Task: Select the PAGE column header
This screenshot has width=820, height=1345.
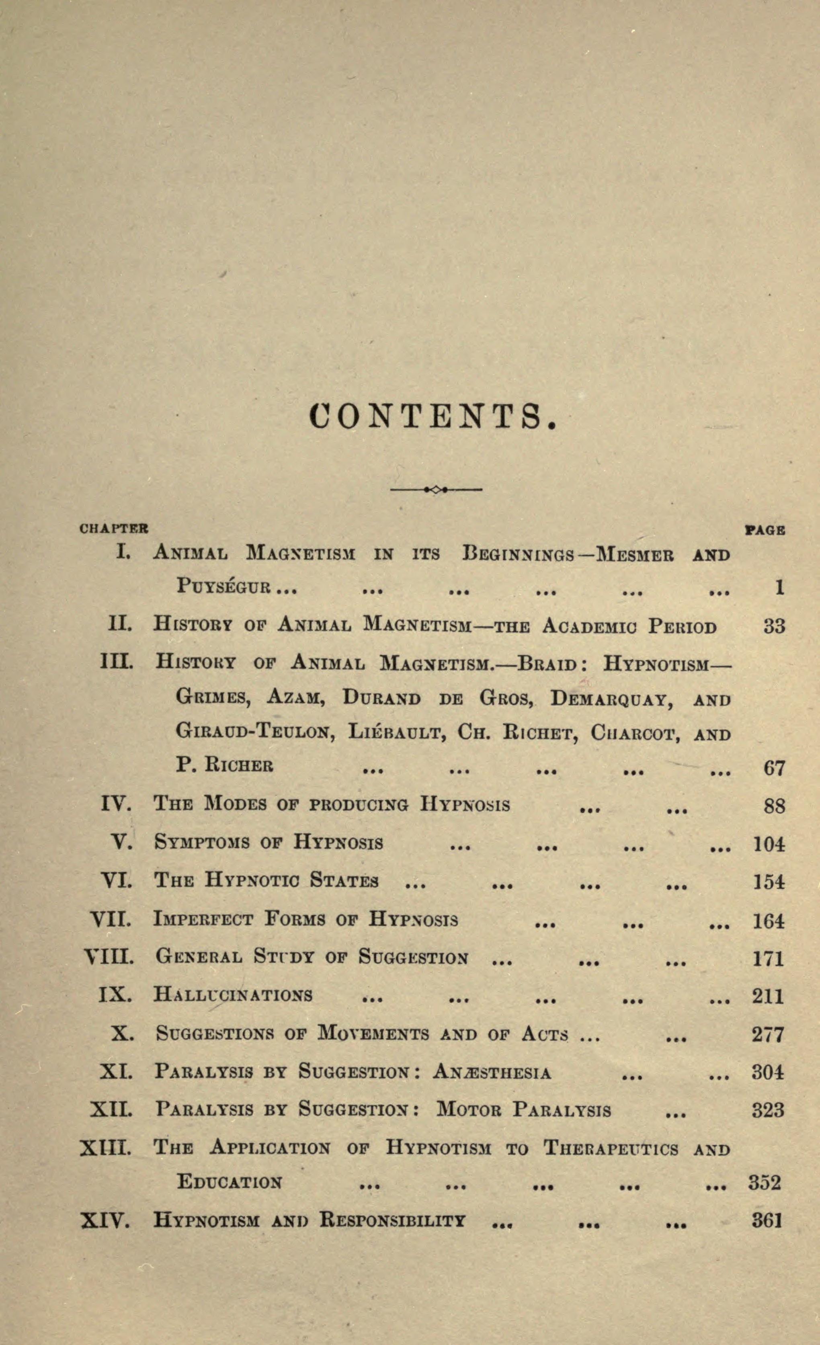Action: (765, 529)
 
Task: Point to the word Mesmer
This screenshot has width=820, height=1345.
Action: (635, 555)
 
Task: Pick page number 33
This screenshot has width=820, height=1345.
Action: (774, 625)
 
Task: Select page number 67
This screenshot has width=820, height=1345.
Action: (774, 768)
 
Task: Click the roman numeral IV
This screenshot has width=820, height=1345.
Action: (116, 804)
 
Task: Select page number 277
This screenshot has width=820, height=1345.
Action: (768, 1034)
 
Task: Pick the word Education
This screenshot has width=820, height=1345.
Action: (229, 1182)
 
